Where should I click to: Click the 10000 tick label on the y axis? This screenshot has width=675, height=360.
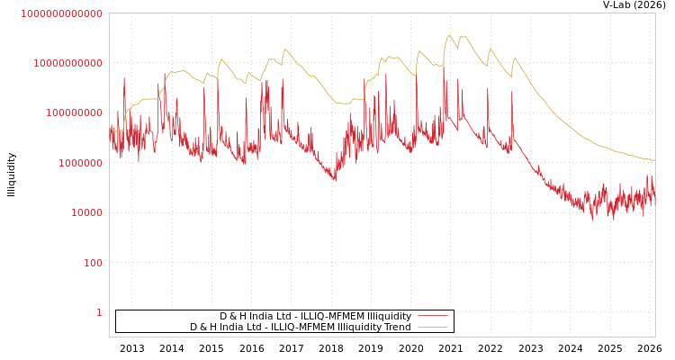(x=86, y=213)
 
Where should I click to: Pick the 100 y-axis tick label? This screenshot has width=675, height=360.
(x=93, y=263)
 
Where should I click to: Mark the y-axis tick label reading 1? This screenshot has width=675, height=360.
(x=99, y=312)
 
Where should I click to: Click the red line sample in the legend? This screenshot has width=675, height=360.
(x=433, y=317)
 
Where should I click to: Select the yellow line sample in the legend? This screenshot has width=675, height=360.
(x=433, y=328)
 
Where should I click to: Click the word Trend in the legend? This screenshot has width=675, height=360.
(x=397, y=328)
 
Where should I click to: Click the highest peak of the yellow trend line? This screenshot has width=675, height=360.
(x=450, y=35)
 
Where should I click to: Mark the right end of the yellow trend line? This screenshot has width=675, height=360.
(x=654, y=160)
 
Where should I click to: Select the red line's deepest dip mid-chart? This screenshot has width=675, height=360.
(x=335, y=180)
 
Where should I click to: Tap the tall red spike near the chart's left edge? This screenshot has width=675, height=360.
(x=124, y=79)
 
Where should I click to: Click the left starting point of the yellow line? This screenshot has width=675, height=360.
(x=110, y=129)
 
